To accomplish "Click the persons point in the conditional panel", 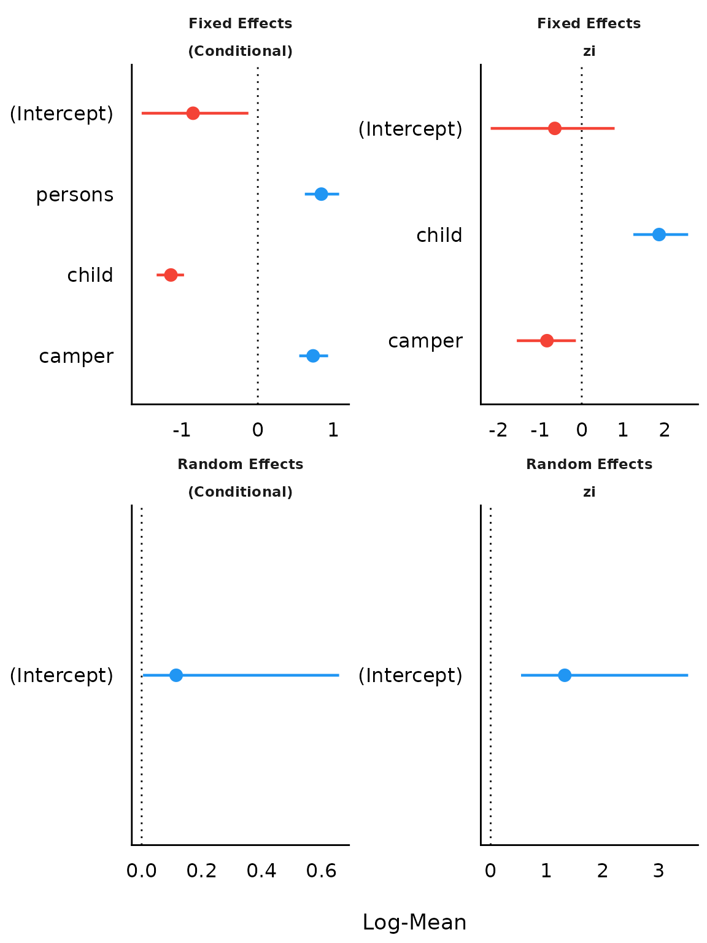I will [321, 194].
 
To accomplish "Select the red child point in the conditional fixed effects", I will [171, 274].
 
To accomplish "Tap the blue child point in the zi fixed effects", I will [659, 234].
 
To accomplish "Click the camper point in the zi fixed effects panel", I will [547, 340].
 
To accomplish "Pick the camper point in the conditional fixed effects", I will [313, 355].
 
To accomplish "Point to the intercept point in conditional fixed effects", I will [193, 113].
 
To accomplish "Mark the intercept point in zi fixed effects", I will [555, 128].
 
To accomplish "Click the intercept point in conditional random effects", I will [176, 675].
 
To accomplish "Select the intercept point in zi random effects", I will [565, 675].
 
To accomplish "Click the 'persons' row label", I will [75, 195].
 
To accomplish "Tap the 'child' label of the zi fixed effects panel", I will [439, 235].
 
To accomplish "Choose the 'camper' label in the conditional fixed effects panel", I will [76, 356].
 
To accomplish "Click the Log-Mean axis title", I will [414, 922].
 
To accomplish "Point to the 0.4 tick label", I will [261, 871].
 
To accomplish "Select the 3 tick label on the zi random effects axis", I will [659, 871].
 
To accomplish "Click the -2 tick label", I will [498, 430].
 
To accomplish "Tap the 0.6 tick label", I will [322, 871].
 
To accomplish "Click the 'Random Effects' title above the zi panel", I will [589, 464].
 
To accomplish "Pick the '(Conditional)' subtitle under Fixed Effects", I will [240, 52].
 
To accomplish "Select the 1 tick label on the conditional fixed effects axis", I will [333, 430].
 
